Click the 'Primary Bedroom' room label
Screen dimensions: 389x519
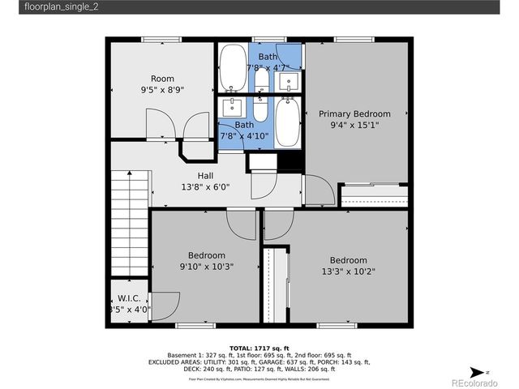[354, 114]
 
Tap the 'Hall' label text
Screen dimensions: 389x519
[205, 176]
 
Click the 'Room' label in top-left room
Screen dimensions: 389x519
[162, 79]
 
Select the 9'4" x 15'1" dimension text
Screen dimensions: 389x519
[354, 126]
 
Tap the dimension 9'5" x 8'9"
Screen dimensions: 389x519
[162, 91]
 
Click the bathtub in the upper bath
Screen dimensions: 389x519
[234, 68]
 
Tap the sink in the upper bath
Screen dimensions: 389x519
[292, 80]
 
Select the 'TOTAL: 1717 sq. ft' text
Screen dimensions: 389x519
[259, 347]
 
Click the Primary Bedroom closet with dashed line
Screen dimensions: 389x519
[373, 196]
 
